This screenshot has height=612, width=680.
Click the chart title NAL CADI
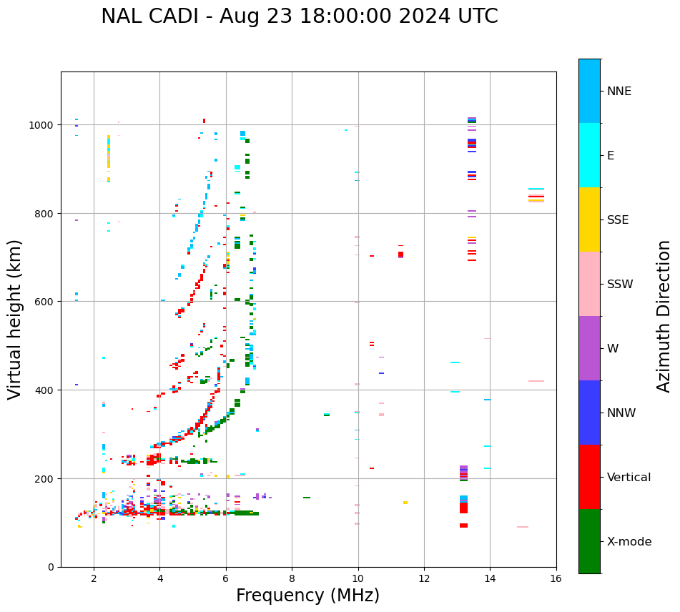click(299, 16)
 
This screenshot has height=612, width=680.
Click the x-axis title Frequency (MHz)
click(307, 596)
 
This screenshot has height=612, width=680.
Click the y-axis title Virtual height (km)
click(15, 319)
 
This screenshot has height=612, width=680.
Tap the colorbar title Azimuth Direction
click(664, 316)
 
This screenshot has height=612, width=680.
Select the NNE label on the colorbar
click(619, 91)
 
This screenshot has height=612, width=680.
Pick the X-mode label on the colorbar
click(629, 542)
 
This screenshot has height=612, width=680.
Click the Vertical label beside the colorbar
click(629, 478)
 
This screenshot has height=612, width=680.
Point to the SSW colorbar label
click(620, 284)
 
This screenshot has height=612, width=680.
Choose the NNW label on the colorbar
click(622, 413)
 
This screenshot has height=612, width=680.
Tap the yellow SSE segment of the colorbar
click(589, 219)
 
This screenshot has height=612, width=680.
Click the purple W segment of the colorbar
click(589, 348)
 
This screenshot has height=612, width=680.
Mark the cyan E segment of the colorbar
click(589, 155)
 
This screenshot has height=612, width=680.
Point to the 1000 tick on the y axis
click(42, 125)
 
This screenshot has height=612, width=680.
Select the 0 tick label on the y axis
click(51, 567)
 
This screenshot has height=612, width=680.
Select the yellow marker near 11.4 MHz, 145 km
click(405, 503)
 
